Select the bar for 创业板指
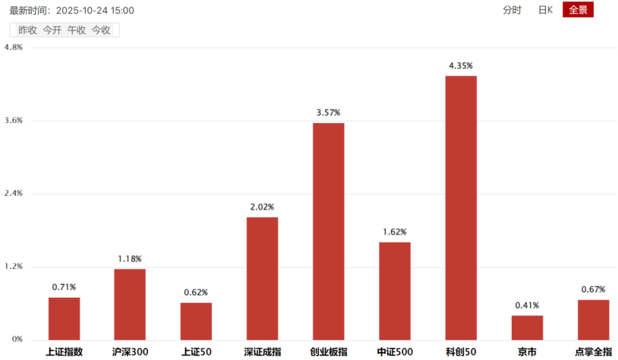click(328, 231)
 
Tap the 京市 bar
click(527, 327)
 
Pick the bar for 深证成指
click(262, 278)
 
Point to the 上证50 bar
click(196, 321)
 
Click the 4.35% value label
click(461, 66)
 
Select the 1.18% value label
click(130, 259)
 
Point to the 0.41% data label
click(527, 305)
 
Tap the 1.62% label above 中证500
click(395, 232)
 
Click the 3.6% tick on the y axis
click(14, 121)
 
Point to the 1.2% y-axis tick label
click(14, 267)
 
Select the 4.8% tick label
click(14, 47)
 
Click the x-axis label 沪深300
click(130, 352)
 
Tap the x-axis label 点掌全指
click(593, 352)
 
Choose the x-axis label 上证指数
click(64, 352)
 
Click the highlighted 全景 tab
click(578, 10)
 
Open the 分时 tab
click(512, 10)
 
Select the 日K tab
click(545, 10)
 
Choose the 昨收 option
click(27, 30)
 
